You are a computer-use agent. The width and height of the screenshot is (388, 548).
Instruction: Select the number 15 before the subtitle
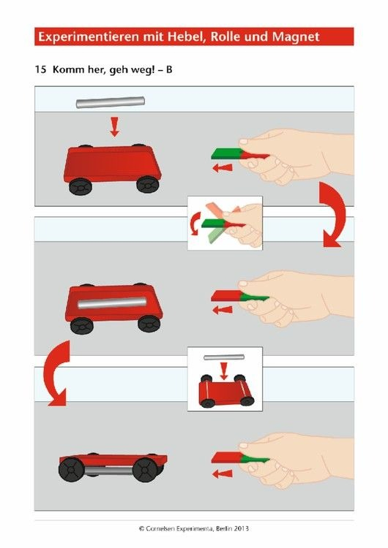pyautogui.click(x=40, y=69)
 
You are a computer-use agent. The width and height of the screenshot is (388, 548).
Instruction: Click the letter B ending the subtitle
pyautogui.click(x=169, y=69)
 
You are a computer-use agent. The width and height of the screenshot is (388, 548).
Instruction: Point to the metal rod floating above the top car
pyautogui.click(x=111, y=102)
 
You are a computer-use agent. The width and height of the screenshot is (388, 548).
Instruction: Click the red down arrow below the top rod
pyautogui.click(x=114, y=126)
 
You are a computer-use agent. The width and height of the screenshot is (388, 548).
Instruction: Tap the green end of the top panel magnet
pyautogui.click(x=226, y=153)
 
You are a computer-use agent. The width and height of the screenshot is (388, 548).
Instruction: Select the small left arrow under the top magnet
pyautogui.click(x=223, y=168)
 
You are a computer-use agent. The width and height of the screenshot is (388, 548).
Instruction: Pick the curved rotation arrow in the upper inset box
pyautogui.click(x=195, y=224)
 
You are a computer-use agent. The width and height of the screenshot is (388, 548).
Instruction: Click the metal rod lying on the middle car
pyautogui.click(x=112, y=302)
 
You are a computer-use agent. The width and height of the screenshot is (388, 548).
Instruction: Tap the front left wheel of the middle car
pyautogui.click(x=81, y=326)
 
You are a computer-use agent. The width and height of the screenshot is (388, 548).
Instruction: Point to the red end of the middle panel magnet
pyautogui.click(x=226, y=296)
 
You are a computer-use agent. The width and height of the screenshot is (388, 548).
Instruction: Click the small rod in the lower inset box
pyautogui.click(x=224, y=357)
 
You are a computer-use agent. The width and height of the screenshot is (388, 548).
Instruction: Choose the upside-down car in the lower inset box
pyautogui.click(x=226, y=391)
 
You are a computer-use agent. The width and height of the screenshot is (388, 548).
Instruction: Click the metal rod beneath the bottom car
pyautogui.click(x=108, y=471)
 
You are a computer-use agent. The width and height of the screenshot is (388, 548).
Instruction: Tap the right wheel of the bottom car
pyautogui.click(x=144, y=469)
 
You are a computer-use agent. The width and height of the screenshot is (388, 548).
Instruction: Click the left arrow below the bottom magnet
pyautogui.click(x=223, y=474)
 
